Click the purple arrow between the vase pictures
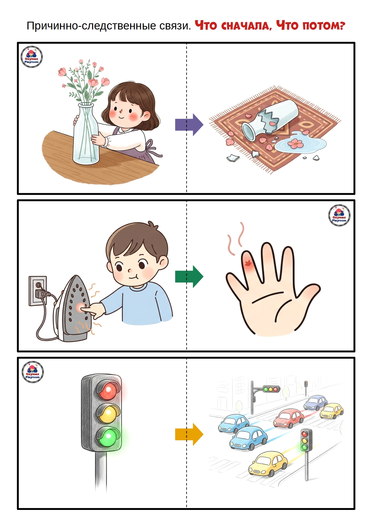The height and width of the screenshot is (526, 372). point(189,125)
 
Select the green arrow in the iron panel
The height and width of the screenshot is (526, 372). point(189,277)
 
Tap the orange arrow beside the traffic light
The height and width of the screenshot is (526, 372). point(189,434)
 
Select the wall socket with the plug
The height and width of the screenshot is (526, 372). point(37,291)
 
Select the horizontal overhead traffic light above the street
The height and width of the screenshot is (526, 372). point(271,389)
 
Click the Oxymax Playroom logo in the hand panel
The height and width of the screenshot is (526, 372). point(339,215)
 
